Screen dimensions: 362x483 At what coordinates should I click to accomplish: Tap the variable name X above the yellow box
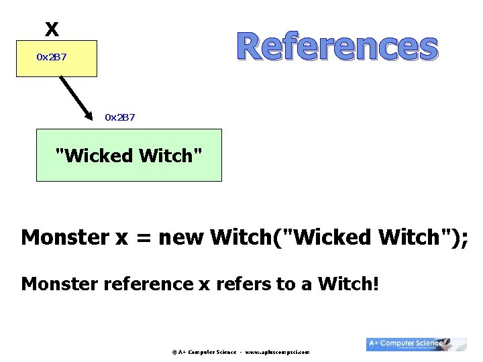click(x=52, y=29)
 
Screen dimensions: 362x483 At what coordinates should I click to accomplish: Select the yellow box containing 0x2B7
click(x=56, y=58)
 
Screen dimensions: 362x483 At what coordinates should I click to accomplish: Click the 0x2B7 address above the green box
click(x=120, y=117)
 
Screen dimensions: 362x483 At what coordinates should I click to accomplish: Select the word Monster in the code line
click(x=64, y=237)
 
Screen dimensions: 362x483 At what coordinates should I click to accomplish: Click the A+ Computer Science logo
click(x=416, y=344)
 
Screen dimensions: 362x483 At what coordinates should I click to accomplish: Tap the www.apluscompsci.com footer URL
click(x=278, y=351)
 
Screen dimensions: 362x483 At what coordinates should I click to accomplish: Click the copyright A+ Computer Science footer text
click(x=204, y=351)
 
